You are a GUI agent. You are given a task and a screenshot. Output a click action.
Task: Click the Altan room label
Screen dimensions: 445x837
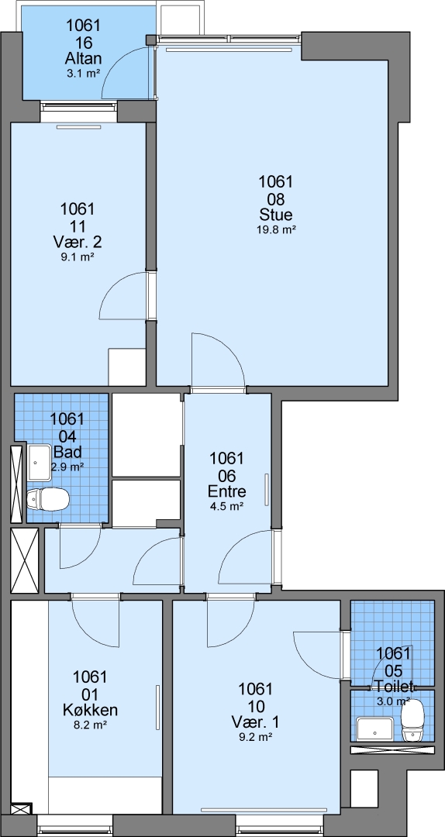[x=83, y=57]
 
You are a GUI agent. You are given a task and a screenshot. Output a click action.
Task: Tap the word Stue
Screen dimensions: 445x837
[x=276, y=215]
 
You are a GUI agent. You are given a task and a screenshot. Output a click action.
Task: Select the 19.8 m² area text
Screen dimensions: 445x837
[x=276, y=230]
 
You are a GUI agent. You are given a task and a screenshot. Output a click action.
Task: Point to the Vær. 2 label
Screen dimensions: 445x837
[x=78, y=243]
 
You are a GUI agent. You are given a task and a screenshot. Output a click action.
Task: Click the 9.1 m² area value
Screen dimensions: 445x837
[x=78, y=257]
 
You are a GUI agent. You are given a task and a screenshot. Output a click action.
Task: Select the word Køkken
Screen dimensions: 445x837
[x=90, y=711]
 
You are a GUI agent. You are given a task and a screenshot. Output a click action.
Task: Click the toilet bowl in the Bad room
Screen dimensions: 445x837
[x=48, y=499]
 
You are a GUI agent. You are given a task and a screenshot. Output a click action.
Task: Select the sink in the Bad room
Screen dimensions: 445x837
[x=40, y=462]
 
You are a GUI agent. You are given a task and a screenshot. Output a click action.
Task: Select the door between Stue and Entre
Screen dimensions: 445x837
[x=217, y=363]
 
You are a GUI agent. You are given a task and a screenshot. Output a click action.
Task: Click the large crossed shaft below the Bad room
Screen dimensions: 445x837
[x=25, y=560]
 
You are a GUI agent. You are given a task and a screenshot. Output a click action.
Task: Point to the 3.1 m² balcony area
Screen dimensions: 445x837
[x=83, y=74]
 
